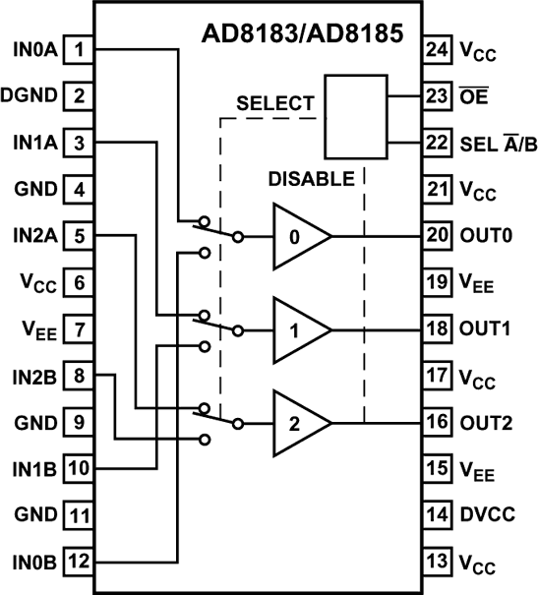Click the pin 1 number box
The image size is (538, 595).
pos(79,48)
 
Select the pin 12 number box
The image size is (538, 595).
pos(79,563)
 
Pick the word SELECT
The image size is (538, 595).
pos(274,102)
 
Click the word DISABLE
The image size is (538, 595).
pos(311,180)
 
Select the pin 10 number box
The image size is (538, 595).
pos(79,469)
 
